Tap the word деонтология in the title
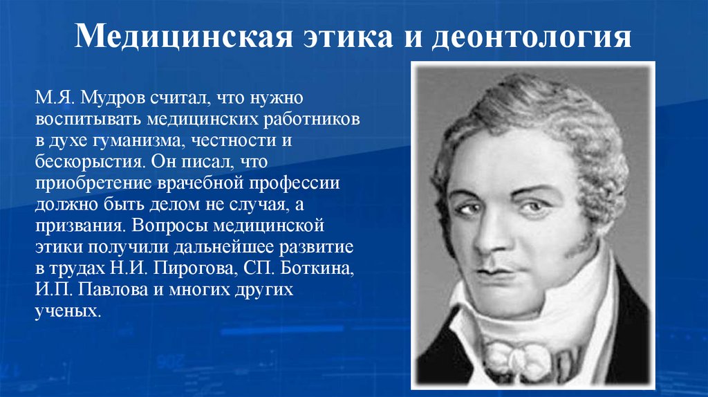point(532,35)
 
